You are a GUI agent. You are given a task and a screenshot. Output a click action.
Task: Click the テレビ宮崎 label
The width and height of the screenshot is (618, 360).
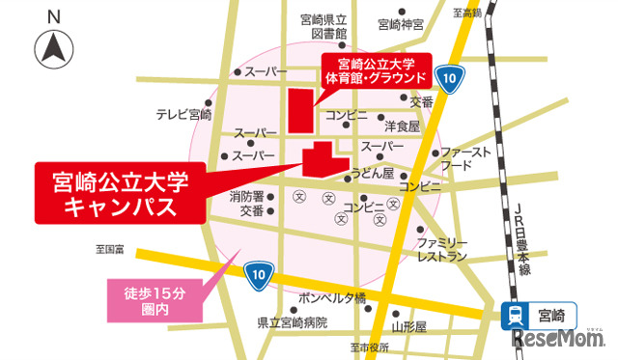pyautogui.click(x=184, y=114)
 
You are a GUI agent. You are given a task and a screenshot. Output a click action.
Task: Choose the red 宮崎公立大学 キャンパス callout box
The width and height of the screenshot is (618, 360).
pyautogui.click(x=120, y=191)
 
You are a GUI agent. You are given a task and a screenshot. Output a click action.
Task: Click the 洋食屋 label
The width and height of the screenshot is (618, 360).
pyautogui.click(x=401, y=125)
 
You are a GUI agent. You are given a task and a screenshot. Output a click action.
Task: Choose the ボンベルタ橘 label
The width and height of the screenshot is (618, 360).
pyautogui.click(x=332, y=296)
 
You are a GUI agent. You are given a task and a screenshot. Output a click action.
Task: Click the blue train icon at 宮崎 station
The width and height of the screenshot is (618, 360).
pyautogui.click(x=517, y=315)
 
